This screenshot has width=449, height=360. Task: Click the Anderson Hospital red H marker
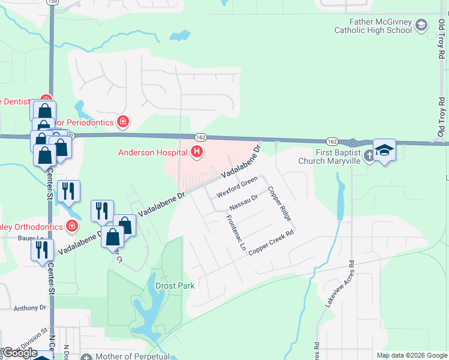196,152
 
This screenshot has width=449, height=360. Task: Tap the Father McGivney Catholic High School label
373,26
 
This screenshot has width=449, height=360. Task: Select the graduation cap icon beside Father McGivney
421,25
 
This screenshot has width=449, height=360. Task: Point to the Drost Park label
175,286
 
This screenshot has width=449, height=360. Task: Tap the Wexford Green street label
238,185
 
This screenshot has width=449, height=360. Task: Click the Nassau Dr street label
243,203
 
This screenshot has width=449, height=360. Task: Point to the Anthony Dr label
29,308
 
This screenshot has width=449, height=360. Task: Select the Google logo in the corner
19,353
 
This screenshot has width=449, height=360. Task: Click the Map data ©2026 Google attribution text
412,355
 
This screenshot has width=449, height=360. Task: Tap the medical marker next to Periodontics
123,122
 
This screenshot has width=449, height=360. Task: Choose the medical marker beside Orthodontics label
71,227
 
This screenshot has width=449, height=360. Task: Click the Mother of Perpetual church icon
86,357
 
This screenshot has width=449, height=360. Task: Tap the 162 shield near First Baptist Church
331,140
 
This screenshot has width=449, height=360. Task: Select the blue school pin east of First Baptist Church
384,150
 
